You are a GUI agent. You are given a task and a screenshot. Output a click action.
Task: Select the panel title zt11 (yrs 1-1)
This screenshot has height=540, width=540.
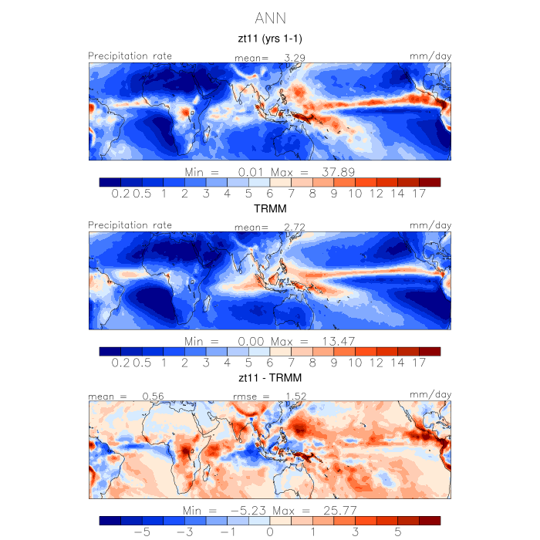pyautogui.click(x=270, y=38)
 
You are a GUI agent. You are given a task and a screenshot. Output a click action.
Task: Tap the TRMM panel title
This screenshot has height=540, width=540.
pyautogui.click(x=270, y=208)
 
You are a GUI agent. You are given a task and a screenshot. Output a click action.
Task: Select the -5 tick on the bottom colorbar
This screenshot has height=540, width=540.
pyautogui.click(x=142, y=532)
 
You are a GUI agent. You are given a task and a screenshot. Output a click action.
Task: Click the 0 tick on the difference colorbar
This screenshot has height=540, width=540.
pyautogui.click(x=270, y=532)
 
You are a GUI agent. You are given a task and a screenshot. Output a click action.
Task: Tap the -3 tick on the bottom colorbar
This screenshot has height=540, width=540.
pyautogui.click(x=185, y=532)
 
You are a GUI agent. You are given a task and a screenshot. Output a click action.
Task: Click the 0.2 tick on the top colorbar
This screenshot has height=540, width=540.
pyautogui.click(x=120, y=194)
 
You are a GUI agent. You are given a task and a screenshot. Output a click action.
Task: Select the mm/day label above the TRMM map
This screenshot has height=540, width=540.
pyautogui.click(x=430, y=225)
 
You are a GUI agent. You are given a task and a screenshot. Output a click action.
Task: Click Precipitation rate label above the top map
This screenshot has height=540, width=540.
pyautogui.click(x=130, y=56)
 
